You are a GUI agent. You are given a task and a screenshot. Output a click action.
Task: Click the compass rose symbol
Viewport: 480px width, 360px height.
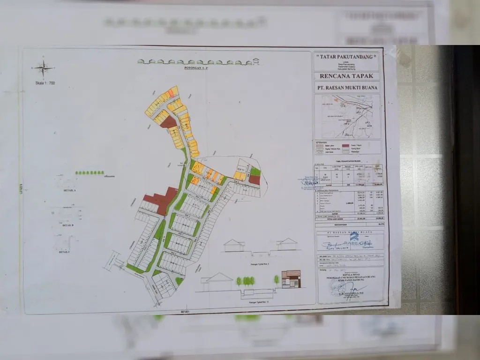pos(43,68)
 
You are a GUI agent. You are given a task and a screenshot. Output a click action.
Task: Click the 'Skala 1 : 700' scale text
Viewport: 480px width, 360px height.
pos(45,83)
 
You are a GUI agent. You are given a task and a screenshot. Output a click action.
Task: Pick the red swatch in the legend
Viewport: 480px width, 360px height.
pos(345,146)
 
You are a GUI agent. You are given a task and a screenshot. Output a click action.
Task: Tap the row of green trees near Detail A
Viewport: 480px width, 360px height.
pos(90,172)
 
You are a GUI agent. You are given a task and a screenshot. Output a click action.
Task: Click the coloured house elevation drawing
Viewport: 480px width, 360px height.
pos(291,279)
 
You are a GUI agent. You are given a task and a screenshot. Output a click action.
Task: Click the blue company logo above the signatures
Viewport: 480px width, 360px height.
pos(354,236)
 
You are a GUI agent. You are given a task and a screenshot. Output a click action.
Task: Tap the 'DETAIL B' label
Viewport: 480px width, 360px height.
pos(67,225)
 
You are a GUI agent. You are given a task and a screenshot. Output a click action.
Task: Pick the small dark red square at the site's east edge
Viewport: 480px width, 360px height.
pos(254,180)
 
